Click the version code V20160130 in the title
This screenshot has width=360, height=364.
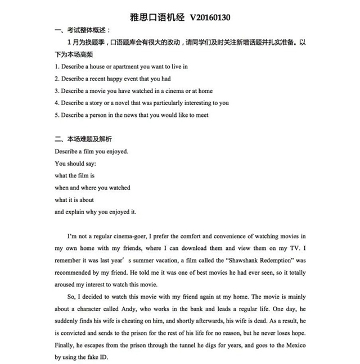(x=206, y=17)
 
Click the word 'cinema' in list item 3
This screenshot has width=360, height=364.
(x=168, y=91)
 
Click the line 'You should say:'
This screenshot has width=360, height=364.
(x=75, y=163)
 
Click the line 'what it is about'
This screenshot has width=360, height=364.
(x=74, y=199)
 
